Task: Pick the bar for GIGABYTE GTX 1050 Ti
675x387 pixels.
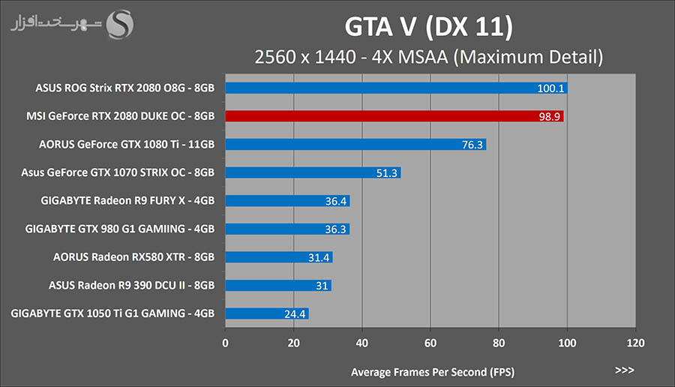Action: point(267,313)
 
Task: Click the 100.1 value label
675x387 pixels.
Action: point(550,88)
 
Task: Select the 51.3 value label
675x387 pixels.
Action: point(385,173)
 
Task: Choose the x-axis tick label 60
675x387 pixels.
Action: point(430,344)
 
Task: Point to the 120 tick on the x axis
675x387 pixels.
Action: point(635,344)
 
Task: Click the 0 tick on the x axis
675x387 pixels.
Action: point(226,344)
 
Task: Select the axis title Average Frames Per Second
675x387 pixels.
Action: point(433,372)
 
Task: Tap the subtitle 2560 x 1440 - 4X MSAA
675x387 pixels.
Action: point(430,56)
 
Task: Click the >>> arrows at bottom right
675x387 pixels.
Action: point(624,370)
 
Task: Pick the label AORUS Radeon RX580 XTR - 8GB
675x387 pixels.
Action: point(133,257)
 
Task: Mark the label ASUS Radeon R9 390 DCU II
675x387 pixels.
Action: point(131,285)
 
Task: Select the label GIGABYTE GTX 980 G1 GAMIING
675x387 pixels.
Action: point(120,229)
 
